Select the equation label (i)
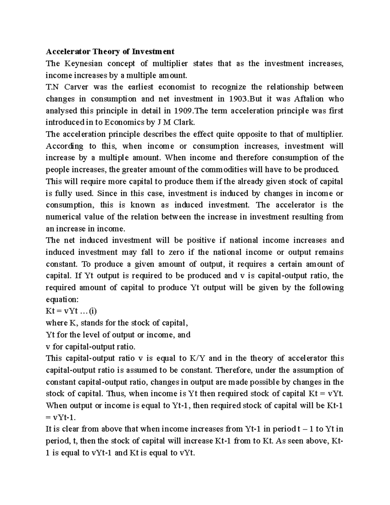93,311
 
